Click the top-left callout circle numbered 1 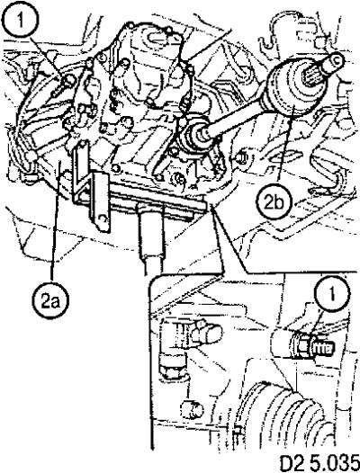click(x=21, y=22)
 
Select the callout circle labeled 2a click(x=50, y=300)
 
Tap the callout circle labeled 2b click(x=274, y=202)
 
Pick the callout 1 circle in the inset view click(x=332, y=293)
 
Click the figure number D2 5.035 click(x=319, y=463)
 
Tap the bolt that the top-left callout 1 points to click(x=64, y=84)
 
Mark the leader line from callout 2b click(x=285, y=152)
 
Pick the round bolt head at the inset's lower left click(x=192, y=410)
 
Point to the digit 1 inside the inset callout click(x=332, y=293)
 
